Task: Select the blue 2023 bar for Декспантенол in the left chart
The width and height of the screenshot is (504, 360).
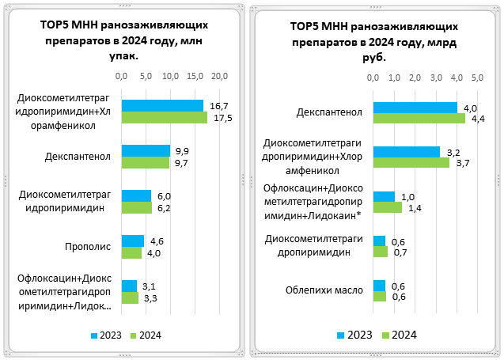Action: tap(146, 150)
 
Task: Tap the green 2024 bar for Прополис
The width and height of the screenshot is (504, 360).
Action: tap(131, 252)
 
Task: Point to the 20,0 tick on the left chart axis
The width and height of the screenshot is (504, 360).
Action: tap(219, 76)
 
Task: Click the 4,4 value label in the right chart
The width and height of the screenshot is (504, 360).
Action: tap(478, 119)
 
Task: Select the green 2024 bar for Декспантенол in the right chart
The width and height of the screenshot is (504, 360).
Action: tap(419, 119)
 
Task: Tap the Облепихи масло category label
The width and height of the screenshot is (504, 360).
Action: tap(324, 290)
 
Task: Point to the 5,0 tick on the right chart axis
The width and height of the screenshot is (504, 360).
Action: tap(477, 78)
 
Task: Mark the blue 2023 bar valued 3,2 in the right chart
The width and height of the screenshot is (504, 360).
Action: tap(406, 152)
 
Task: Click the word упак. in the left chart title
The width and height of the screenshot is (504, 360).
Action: tap(122, 56)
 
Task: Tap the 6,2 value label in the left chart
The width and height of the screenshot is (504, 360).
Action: tap(165, 208)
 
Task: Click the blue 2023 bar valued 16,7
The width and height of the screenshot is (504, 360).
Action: tap(161, 106)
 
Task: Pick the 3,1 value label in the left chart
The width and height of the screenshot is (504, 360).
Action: tap(148, 286)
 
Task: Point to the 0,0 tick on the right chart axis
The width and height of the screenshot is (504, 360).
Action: tap(373, 78)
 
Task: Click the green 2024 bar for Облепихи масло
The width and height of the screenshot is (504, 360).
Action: tap(379, 296)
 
